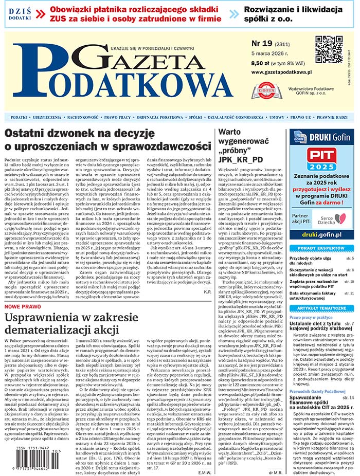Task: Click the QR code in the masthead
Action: click(x=329, y=49)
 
